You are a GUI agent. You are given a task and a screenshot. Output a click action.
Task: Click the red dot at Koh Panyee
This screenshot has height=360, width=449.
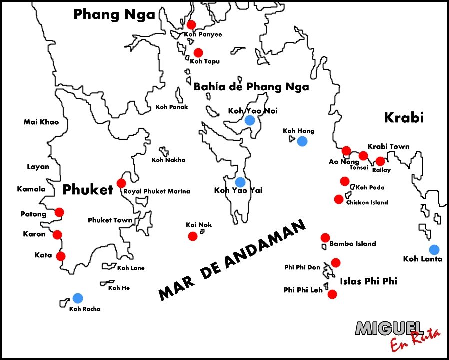pyautogui.click(x=191, y=25)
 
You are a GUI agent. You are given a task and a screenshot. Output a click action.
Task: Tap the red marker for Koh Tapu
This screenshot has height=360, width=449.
pyautogui.click(x=198, y=52)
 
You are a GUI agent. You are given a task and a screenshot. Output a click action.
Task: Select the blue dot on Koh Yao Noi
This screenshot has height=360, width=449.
pyautogui.click(x=250, y=120)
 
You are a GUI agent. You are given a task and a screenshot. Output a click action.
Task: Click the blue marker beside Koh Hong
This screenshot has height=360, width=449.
pyautogui.click(x=302, y=141)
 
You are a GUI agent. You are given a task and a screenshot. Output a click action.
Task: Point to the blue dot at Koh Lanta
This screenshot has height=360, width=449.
pyautogui.click(x=434, y=249)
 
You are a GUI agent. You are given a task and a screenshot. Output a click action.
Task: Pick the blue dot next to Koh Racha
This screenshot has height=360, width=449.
pyautogui.click(x=77, y=298)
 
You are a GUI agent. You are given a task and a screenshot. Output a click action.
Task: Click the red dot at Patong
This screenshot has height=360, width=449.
pyautogui.click(x=59, y=212)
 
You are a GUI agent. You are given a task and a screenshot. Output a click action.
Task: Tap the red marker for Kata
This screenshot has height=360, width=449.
pyautogui.click(x=61, y=256)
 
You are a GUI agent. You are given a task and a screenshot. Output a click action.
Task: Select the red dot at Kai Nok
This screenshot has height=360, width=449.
pyautogui.click(x=193, y=236)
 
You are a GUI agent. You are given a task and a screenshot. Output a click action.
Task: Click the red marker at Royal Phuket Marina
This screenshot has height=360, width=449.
pyautogui.click(x=121, y=183)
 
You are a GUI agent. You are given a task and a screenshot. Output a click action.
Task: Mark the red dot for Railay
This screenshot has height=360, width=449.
pyautogui.click(x=380, y=161)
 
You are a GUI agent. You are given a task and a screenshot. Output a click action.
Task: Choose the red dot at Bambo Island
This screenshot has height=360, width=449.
pyautogui.click(x=325, y=237)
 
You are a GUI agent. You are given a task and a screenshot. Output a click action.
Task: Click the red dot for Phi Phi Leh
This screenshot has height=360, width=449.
pyautogui.click(x=332, y=294)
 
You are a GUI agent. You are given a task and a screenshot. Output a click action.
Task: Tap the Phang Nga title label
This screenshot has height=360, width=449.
pyautogui.click(x=114, y=15)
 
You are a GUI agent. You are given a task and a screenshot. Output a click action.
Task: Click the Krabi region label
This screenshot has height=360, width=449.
pyautogui.click(x=403, y=117)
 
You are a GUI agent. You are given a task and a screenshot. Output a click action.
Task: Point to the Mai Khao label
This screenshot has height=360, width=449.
pyautogui.click(x=41, y=122)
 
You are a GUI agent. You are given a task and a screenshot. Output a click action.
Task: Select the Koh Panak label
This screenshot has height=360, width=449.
pyautogui.click(x=172, y=107)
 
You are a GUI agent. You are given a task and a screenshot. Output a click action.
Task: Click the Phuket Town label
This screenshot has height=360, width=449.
pyautogui.click(x=110, y=220)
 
